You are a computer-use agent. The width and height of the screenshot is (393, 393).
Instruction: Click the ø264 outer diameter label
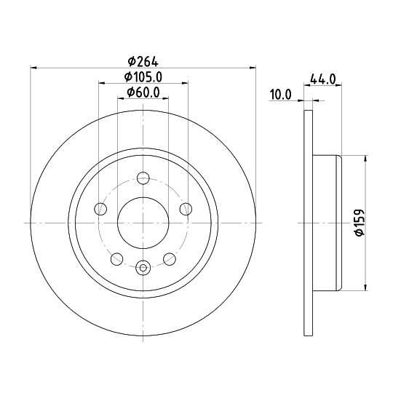143,62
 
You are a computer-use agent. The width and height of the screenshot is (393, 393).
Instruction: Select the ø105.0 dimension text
143,76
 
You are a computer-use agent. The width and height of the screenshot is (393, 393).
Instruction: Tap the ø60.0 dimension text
143,91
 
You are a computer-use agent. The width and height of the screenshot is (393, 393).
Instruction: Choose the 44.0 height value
322,79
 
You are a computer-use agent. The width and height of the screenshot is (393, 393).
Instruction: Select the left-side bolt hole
100,210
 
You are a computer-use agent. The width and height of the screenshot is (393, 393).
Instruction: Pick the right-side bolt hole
186,210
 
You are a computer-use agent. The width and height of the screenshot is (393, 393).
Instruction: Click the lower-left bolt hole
116,258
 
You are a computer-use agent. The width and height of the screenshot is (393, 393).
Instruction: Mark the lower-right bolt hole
170,258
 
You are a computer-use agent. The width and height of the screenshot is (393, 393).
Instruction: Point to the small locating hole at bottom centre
143,269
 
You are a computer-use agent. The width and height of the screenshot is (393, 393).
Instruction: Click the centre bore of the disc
143,223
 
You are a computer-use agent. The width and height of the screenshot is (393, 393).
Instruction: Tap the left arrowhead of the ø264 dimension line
33,68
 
